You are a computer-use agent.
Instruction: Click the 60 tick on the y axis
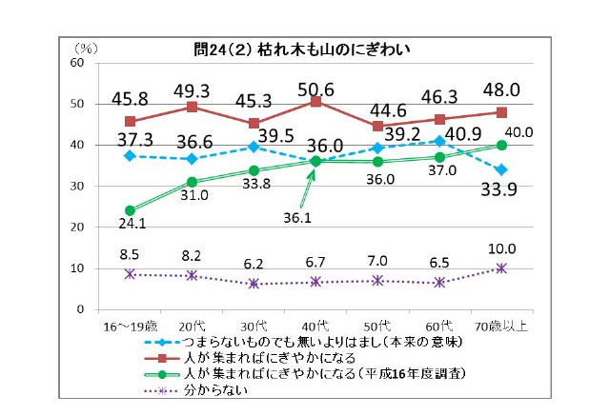click(78, 63)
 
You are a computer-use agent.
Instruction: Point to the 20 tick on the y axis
click(78, 228)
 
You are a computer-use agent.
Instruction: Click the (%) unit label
click(86, 47)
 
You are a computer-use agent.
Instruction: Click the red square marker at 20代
click(192, 107)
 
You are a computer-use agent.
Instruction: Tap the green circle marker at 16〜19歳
click(130, 210)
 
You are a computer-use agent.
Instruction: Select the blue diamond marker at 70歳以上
click(501, 170)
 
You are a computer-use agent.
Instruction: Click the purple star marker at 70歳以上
click(501, 268)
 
